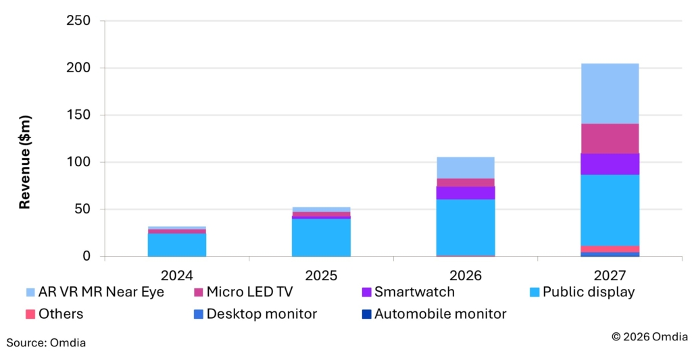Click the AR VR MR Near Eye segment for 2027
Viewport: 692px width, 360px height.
[609, 94]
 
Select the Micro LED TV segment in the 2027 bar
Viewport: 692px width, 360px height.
[609, 138]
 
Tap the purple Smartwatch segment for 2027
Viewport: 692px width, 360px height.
[609, 164]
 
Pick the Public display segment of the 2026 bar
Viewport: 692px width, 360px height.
[465, 227]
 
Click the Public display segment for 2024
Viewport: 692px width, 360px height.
[177, 245]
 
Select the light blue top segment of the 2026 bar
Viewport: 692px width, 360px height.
[465, 168]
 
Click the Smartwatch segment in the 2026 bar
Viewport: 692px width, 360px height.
[465, 192]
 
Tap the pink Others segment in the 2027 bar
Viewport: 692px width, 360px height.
[609, 249]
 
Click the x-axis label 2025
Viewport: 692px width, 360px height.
[321, 276]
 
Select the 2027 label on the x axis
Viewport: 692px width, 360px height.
[609, 276]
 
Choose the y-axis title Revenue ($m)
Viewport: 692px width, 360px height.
[25, 162]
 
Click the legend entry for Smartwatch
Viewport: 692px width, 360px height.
[414, 292]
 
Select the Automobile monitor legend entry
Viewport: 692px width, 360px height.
[440, 313]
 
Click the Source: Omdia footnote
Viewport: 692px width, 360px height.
[46, 343]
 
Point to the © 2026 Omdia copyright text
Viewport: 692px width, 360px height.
[649, 336]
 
